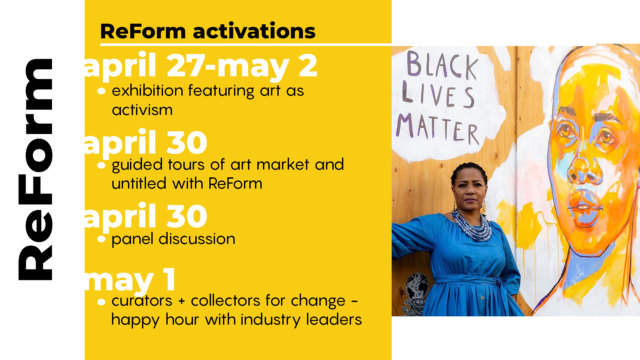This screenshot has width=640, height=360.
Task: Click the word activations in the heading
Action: point(254,31)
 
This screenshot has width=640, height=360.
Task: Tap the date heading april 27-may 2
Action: point(201,66)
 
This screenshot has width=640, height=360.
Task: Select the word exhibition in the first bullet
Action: point(147,90)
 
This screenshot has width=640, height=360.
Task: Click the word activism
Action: point(142,110)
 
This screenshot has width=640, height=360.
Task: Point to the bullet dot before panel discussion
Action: point(101,239)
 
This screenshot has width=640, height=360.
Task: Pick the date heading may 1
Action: point(130,281)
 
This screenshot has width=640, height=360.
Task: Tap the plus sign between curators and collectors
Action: point(182,301)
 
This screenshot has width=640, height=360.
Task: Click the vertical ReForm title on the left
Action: point(35,169)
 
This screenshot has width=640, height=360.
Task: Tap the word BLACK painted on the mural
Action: point(442,65)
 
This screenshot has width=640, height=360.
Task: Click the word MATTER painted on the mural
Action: point(438,128)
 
